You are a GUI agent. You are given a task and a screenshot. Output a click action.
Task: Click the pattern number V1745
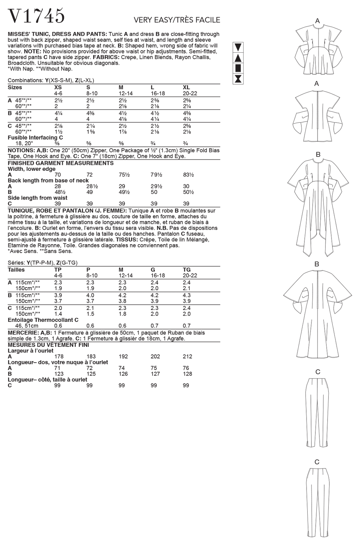point(36,15)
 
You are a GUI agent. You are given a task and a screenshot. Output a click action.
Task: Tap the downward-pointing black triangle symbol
point(238,47)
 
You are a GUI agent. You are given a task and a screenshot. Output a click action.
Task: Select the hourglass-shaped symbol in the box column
point(238,79)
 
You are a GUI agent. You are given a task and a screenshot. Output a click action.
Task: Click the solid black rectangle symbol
point(238,68)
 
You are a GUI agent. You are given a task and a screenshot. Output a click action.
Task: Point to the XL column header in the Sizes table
point(186,87)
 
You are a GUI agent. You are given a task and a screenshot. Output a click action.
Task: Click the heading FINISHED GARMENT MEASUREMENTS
point(60,163)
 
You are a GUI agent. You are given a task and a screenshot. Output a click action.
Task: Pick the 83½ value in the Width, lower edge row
point(188,175)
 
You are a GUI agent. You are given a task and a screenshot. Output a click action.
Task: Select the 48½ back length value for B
point(60,192)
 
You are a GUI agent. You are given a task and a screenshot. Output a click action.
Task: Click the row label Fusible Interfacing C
point(35,138)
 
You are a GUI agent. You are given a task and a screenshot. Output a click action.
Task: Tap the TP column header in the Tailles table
point(58,270)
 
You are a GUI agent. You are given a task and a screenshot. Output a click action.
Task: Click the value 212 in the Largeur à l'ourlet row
point(187,356)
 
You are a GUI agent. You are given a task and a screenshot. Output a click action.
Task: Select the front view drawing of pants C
point(317,410)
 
